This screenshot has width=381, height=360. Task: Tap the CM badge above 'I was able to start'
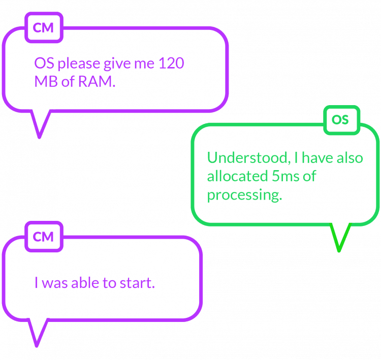click(43, 237)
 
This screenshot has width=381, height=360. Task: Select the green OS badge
click(340, 120)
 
